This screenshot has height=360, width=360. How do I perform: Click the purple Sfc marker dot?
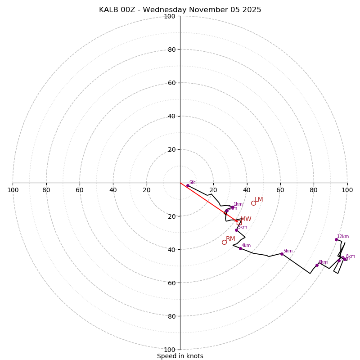188,185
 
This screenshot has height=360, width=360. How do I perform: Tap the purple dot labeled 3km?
236,230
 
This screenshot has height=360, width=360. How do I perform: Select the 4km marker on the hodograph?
240,248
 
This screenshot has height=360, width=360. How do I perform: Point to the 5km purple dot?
282,254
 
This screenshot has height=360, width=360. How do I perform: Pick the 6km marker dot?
317,265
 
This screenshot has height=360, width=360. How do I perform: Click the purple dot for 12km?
336,239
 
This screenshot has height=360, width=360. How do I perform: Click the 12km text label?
343,236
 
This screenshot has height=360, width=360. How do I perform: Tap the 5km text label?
288,251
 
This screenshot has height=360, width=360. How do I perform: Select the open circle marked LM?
253,203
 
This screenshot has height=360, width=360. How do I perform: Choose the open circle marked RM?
224,242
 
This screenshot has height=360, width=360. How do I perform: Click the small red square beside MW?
239,223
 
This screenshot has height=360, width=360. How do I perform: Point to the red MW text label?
246,219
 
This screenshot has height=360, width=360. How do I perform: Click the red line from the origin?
207,201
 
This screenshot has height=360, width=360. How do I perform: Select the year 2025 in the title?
251,10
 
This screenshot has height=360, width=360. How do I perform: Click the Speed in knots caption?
180,356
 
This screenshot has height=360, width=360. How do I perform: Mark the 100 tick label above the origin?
170,16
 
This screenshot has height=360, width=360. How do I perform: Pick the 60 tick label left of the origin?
80,190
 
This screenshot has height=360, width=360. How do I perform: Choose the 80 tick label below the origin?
171,316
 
